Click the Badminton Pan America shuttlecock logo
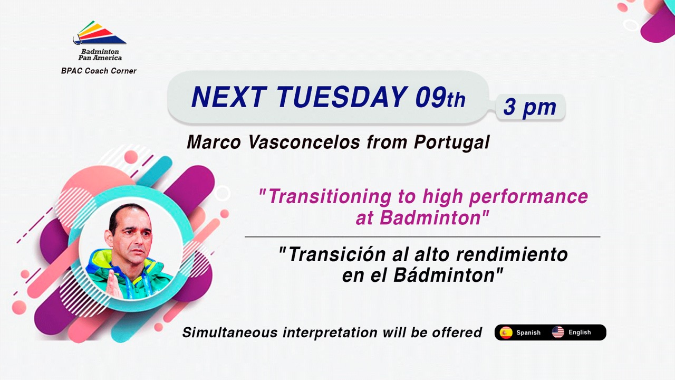(x=100, y=33)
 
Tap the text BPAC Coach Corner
(x=99, y=71)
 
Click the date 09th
(x=440, y=97)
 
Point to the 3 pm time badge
(x=530, y=107)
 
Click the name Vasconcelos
(x=304, y=142)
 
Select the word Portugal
(x=452, y=142)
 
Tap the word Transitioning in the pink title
(x=330, y=197)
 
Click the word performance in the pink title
(x=528, y=197)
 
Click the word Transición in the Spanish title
(x=337, y=254)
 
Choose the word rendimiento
(x=512, y=254)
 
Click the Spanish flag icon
(x=506, y=332)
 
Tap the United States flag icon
(x=558, y=332)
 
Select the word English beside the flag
(x=580, y=332)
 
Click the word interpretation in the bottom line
(x=330, y=332)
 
